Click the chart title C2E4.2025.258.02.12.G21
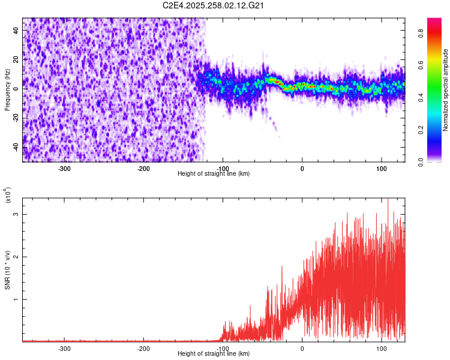click(x=214, y=5)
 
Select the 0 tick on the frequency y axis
click(x=16, y=88)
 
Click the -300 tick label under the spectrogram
click(x=64, y=168)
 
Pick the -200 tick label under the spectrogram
click(x=143, y=168)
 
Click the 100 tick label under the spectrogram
click(x=382, y=168)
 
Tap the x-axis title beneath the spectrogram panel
click(x=214, y=174)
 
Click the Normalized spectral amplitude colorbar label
click(x=446, y=90)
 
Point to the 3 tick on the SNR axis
click(x=16, y=214)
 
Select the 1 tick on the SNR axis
click(x=16, y=299)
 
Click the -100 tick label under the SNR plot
click(x=223, y=348)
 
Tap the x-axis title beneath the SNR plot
click(x=214, y=354)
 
